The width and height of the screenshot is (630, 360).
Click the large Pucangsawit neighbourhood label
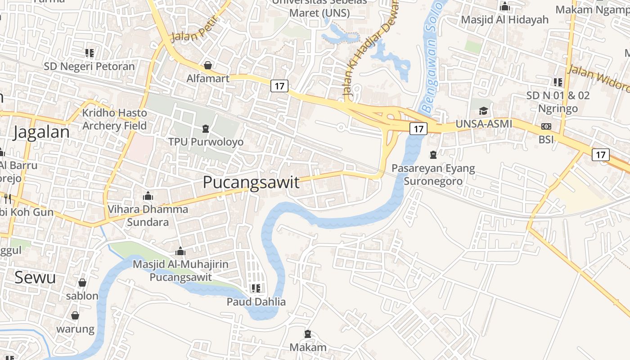251,182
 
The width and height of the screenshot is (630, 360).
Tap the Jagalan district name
41,132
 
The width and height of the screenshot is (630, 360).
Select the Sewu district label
35,277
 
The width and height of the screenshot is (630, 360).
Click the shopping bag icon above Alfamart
208,65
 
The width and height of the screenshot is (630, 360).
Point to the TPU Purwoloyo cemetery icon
206,129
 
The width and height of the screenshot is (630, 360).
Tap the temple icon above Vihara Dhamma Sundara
148,196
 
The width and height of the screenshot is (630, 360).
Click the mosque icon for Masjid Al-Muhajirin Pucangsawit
180,251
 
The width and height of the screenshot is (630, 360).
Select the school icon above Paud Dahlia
256,288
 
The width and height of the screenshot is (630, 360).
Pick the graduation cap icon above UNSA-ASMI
484,111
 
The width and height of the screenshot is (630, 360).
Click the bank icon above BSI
546,126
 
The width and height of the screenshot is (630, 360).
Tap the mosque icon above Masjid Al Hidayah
505,6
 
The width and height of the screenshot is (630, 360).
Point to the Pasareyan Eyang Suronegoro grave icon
433,155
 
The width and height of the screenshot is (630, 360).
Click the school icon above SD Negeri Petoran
90,53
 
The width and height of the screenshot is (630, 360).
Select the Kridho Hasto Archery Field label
115,119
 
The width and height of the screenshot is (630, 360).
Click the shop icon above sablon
82,283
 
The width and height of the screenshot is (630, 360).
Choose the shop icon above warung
75,315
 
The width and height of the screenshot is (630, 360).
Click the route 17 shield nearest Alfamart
279,85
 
